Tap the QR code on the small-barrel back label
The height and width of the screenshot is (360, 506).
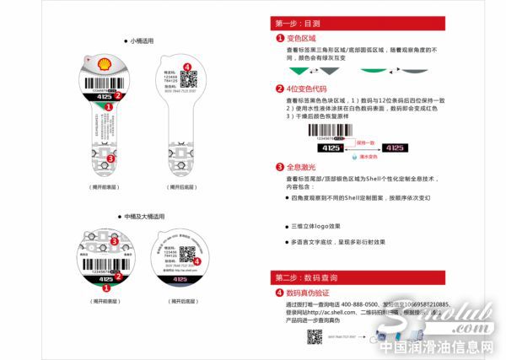pos(189,80)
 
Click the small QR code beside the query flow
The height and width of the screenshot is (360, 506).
pos(314,336)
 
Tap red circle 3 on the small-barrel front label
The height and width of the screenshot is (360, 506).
pos(110,158)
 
